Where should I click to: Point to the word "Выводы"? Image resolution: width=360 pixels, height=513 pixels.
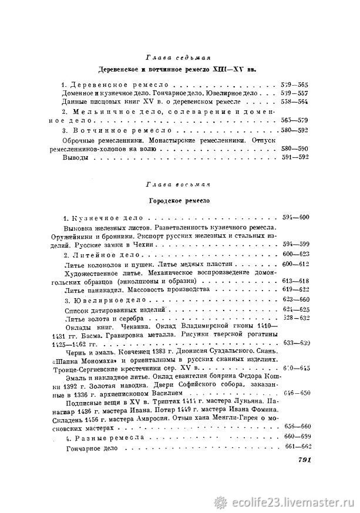tap(76, 158)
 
